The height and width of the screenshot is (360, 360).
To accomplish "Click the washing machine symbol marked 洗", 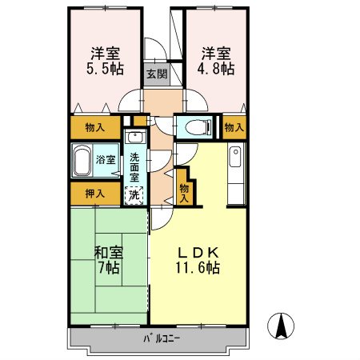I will (x=135, y=193).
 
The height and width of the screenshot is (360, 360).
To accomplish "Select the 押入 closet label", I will (x=95, y=193).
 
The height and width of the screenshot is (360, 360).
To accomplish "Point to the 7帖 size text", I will (x=109, y=268).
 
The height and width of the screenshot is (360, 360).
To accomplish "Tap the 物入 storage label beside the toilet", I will (x=234, y=126).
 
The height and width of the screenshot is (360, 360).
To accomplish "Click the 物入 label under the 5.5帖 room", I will (x=94, y=126).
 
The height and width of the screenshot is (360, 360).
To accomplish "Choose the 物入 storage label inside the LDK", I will (x=184, y=193).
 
